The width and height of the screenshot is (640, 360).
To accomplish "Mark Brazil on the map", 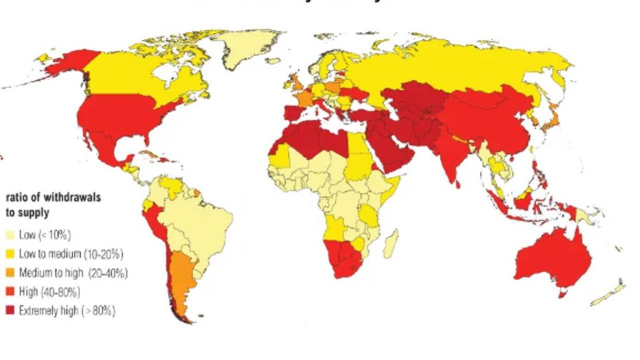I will [200, 219].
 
